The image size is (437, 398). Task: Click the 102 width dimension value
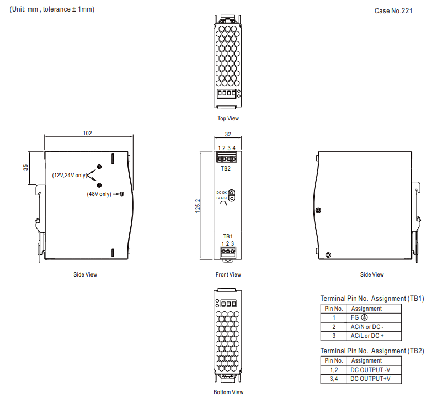click(87, 134)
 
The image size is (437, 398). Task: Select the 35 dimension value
click(25, 167)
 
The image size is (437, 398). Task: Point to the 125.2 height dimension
click(198, 206)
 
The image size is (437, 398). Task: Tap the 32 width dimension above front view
click(228, 134)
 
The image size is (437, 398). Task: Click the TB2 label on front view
click(226, 168)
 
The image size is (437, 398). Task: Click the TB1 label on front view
click(228, 236)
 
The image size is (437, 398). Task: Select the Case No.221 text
click(393, 11)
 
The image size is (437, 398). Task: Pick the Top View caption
click(228, 118)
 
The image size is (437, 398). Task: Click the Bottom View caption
click(228, 392)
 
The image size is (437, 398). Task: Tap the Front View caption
click(228, 274)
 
